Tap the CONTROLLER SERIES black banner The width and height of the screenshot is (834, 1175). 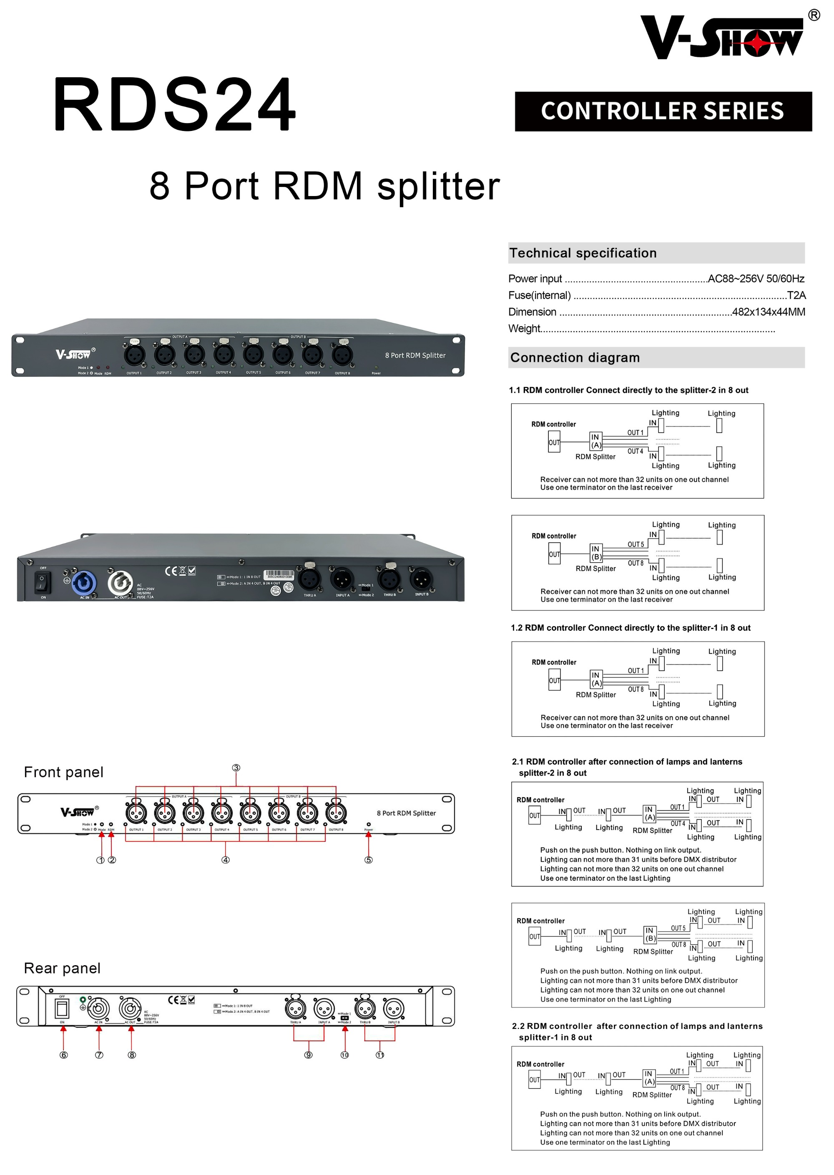click(x=663, y=111)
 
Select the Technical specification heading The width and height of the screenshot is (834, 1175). click(x=583, y=253)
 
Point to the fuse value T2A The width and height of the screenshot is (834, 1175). click(x=796, y=295)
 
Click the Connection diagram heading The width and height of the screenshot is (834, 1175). click(x=575, y=358)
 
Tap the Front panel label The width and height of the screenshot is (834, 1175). click(x=64, y=772)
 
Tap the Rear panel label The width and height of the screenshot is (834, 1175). click(x=62, y=969)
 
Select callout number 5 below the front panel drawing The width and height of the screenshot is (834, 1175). click(x=368, y=860)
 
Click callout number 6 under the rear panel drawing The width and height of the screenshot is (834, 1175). click(x=64, y=1055)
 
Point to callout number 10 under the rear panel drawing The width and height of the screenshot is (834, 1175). click(x=344, y=1055)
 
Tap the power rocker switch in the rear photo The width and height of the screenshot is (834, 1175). click(x=42, y=582)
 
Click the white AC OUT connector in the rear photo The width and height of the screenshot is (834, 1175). click(x=120, y=582)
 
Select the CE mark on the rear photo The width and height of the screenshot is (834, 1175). click(x=171, y=571)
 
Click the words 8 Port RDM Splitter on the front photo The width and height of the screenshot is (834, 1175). click(x=415, y=355)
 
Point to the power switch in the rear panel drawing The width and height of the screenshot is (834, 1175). click(x=62, y=1009)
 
